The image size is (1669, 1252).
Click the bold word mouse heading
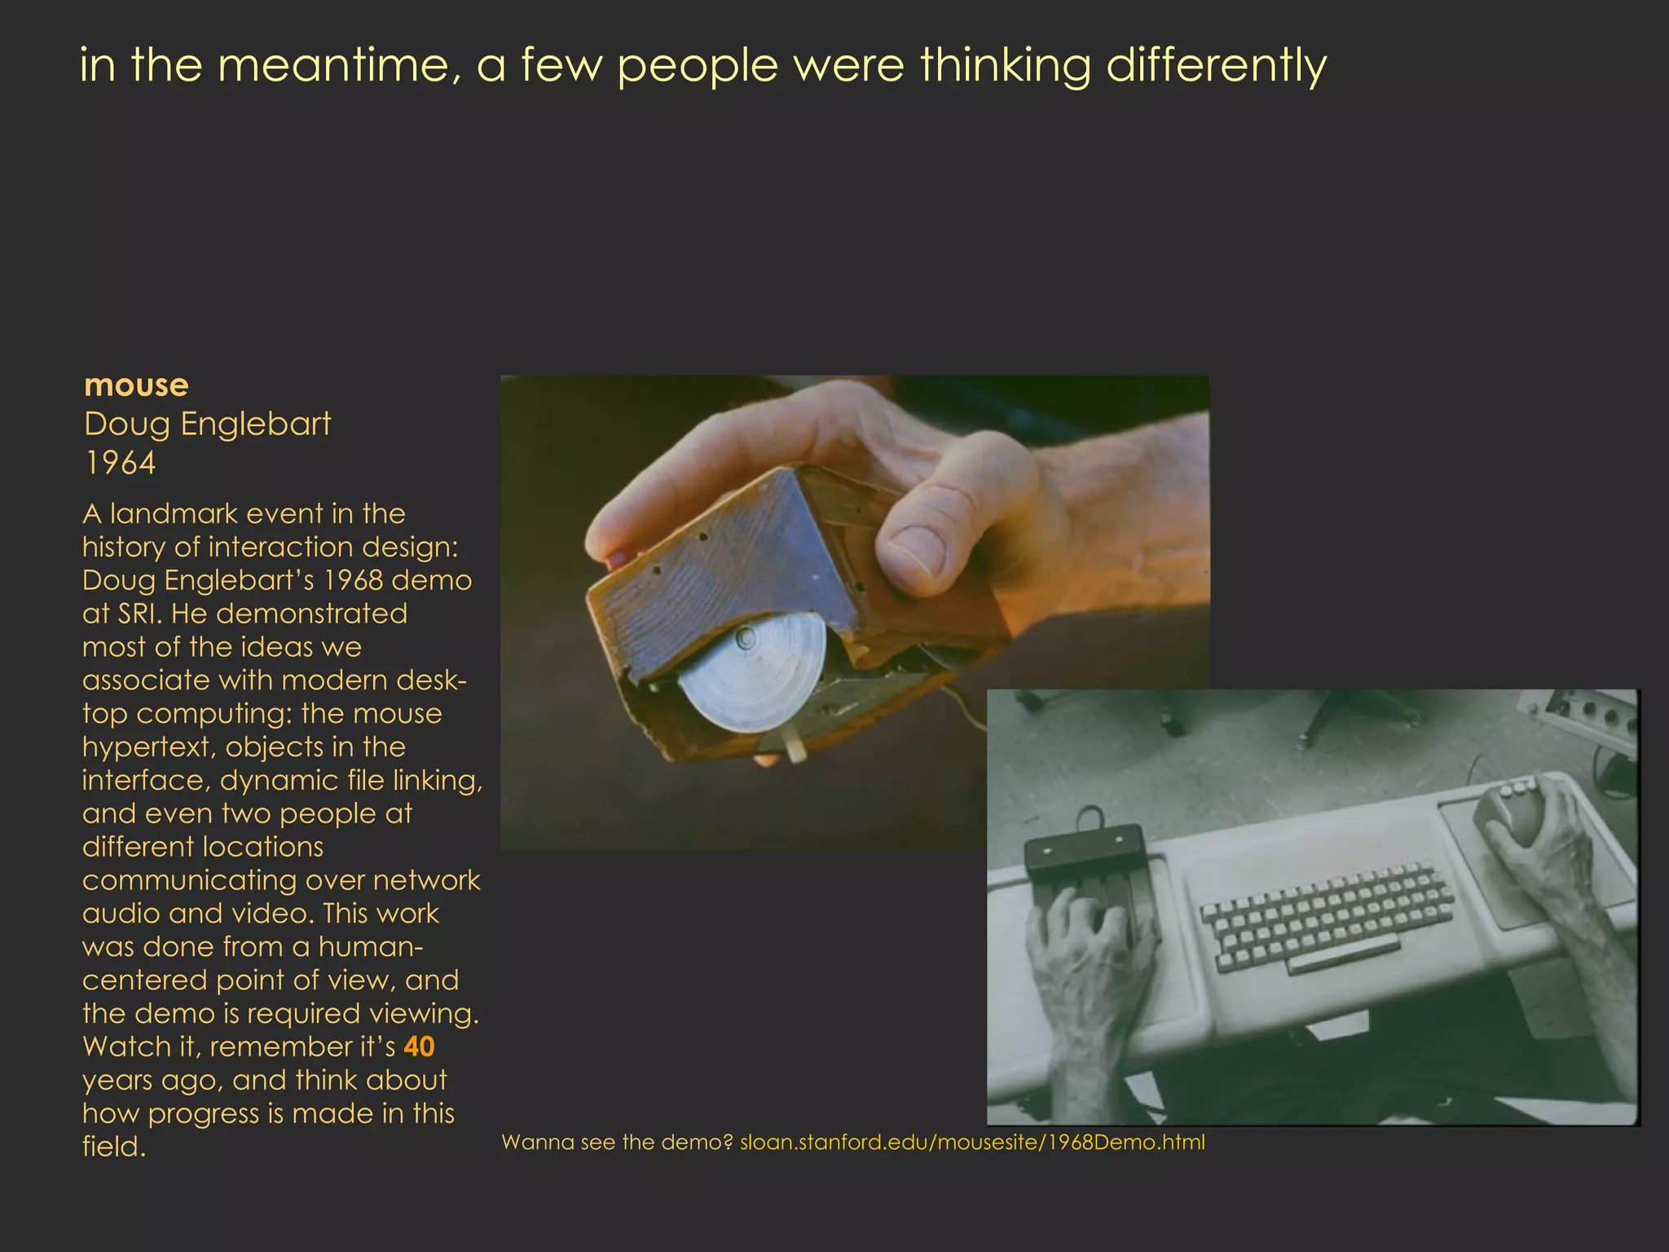coord(136,385)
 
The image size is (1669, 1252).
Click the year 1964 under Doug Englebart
coord(120,463)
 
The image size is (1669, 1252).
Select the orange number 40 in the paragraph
coord(419,1047)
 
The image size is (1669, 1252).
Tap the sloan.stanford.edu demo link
coord(971,1142)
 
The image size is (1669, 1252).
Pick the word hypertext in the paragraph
coord(147,747)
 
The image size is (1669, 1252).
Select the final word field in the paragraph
coord(113,1147)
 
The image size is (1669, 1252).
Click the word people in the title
coord(698,65)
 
